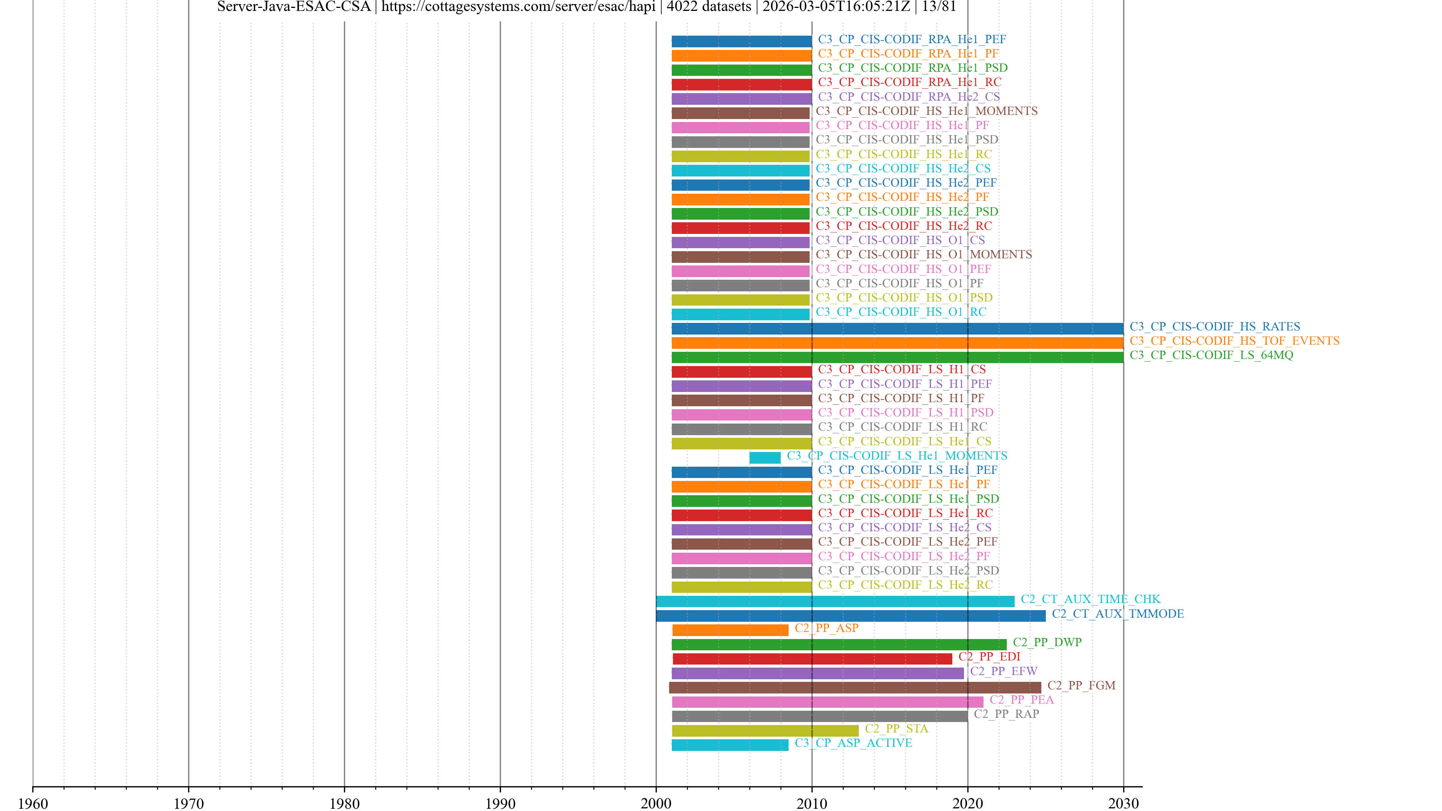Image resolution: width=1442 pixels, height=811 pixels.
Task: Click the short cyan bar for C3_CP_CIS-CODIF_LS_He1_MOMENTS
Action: (765, 458)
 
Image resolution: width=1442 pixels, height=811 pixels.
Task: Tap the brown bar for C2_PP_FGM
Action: (855, 687)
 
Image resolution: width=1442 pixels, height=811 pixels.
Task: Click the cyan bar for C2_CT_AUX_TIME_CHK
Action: (835, 601)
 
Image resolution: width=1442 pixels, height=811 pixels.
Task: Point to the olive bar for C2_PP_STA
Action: (765, 730)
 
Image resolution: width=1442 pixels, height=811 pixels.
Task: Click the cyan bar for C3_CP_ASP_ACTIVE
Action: (730, 745)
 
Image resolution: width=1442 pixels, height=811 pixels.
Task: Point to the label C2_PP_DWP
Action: (1047, 642)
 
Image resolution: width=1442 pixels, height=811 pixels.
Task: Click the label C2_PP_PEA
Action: (1021, 699)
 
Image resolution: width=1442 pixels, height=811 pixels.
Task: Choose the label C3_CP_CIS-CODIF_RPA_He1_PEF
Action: (912, 39)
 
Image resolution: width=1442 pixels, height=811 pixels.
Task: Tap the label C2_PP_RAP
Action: (1006, 714)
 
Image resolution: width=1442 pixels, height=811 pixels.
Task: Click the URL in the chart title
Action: (518, 7)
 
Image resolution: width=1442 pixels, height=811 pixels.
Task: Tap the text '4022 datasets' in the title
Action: (709, 7)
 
